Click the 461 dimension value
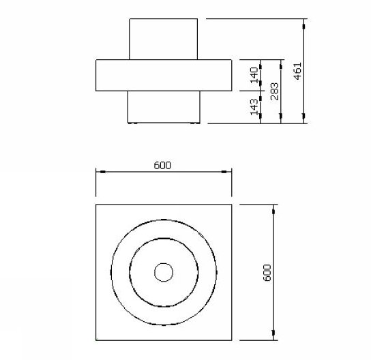click(x=298, y=71)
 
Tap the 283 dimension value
click(x=274, y=91)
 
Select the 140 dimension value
click(x=254, y=75)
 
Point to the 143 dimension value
click(x=254, y=107)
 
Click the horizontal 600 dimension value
click(x=162, y=165)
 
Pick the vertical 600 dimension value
click(x=267, y=273)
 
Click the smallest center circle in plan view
click(x=164, y=263)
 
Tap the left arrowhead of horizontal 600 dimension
click(x=103, y=172)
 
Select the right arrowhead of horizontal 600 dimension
click(x=224, y=172)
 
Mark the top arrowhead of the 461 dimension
click(x=303, y=27)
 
